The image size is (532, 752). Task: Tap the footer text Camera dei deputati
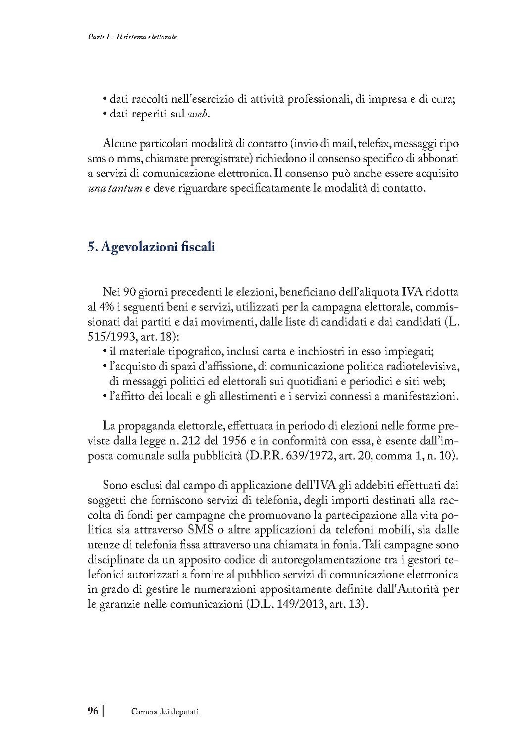tap(164, 712)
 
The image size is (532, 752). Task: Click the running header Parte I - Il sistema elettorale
tap(129, 37)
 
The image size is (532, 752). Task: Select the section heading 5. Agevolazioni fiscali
tap(151, 247)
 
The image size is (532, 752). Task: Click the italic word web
tap(199, 115)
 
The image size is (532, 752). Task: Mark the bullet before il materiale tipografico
tap(105, 352)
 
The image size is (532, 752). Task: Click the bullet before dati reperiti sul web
tap(105, 115)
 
